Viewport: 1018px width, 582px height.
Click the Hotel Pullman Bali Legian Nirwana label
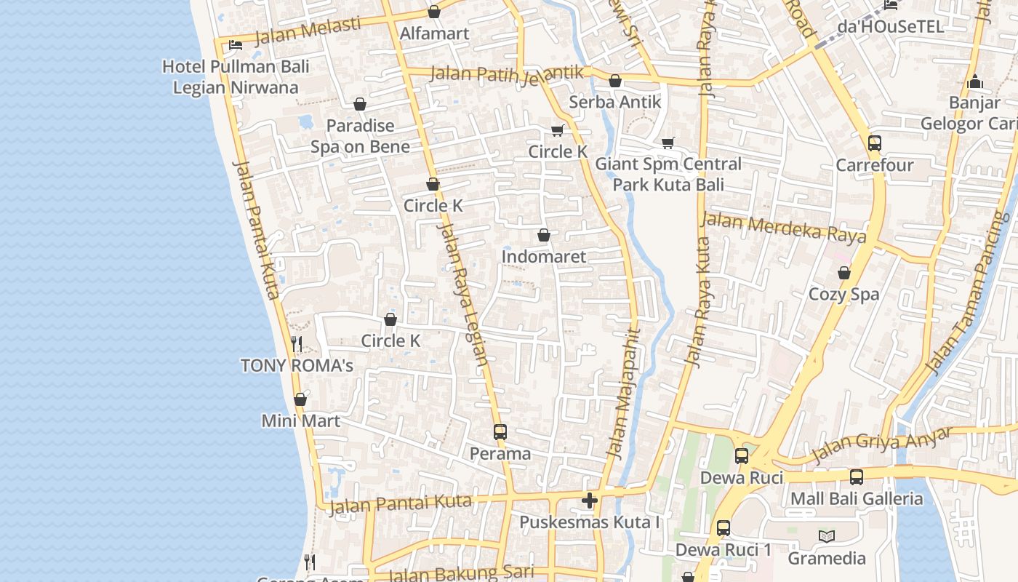[x=236, y=77]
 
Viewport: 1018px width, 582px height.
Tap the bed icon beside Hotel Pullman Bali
[x=236, y=44]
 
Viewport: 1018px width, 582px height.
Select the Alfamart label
[x=435, y=33]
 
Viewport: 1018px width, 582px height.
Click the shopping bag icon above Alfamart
[x=434, y=12]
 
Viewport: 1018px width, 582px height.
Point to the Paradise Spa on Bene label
[x=360, y=136]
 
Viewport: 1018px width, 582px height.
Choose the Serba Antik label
[x=615, y=102]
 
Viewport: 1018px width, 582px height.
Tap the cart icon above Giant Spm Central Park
[x=668, y=143]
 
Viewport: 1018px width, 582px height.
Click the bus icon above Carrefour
[x=875, y=143]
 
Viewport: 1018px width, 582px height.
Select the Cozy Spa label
[x=844, y=295]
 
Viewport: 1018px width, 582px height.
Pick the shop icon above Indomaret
[x=543, y=235]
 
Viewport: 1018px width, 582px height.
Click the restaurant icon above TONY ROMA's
[x=297, y=343]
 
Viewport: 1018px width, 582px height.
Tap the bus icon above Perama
[x=500, y=431]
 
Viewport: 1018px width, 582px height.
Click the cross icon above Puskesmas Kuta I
[x=590, y=501]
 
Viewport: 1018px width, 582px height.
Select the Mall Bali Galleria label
[x=857, y=499]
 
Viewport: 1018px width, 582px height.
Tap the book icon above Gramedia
[x=827, y=537]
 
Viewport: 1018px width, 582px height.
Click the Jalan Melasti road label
[x=308, y=31]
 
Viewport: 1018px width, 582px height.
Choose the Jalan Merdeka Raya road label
[x=784, y=227]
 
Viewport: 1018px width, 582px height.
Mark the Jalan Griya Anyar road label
[x=881, y=445]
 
